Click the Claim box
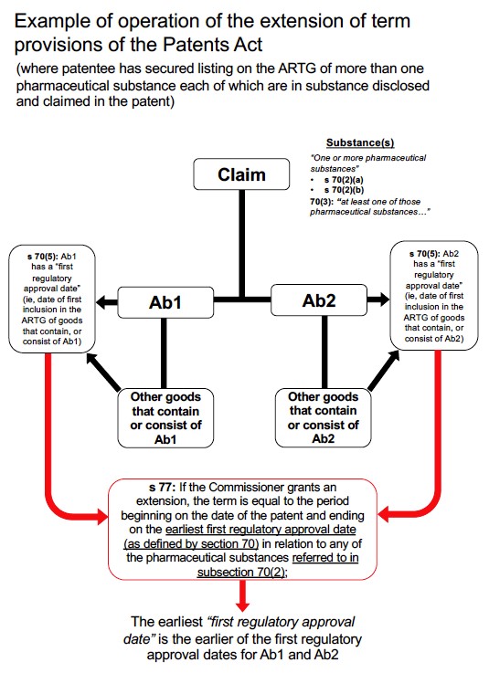(241, 173)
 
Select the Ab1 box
(165, 302)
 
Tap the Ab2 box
(319, 300)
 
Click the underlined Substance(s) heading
(360, 142)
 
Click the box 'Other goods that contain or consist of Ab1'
(165, 418)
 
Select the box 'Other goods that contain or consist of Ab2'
(323, 417)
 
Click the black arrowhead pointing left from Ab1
(101, 302)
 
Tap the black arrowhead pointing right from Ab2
(384, 300)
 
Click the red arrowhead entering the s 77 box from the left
(102, 516)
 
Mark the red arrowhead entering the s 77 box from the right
(383, 515)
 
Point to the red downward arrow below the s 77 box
(242, 595)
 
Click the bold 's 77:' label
(162, 488)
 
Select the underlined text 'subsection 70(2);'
(242, 572)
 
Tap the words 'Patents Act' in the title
(213, 45)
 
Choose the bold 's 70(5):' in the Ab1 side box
(43, 257)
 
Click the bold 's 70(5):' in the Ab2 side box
(425, 254)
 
